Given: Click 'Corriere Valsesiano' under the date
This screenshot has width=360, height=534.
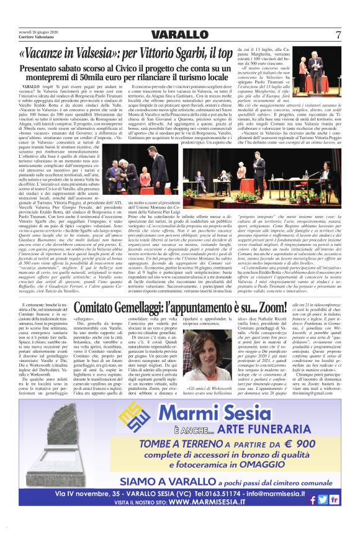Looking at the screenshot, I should (36, 38).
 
